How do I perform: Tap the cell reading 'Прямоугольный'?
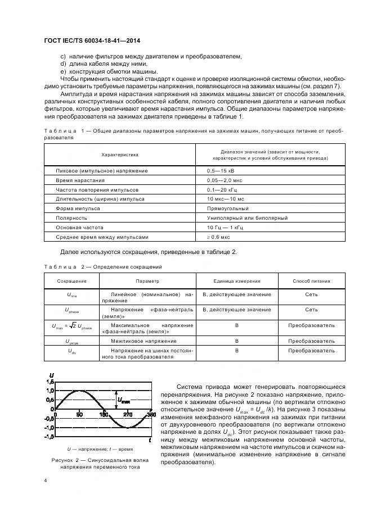point(225,208)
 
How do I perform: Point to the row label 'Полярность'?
point(71,217)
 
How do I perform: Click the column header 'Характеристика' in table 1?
point(119,154)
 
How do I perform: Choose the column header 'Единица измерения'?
point(236,281)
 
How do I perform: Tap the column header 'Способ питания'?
point(311,281)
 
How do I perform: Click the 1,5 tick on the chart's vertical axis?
point(49,382)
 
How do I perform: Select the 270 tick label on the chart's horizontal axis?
point(128,415)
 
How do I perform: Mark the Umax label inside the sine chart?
point(123,401)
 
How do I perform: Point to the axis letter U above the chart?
point(52,375)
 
